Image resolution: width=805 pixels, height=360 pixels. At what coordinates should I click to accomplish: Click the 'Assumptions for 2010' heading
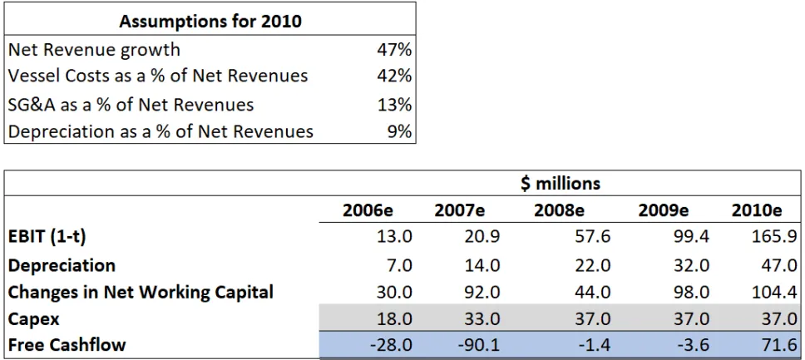pyautogui.click(x=210, y=22)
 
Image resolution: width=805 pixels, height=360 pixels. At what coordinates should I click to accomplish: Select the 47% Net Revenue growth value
pyautogui.click(x=394, y=50)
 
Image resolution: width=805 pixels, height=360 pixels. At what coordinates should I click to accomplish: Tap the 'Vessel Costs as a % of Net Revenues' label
pyautogui.click(x=158, y=76)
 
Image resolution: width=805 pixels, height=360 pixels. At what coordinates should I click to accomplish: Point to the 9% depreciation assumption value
pyautogui.click(x=400, y=131)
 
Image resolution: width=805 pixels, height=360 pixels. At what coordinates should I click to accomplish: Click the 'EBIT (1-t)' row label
pyautogui.click(x=47, y=238)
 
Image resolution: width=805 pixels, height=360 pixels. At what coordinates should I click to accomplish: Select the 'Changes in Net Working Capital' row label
pyautogui.click(x=141, y=293)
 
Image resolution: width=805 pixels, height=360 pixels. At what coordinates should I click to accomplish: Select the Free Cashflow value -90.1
pyautogui.click(x=477, y=345)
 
